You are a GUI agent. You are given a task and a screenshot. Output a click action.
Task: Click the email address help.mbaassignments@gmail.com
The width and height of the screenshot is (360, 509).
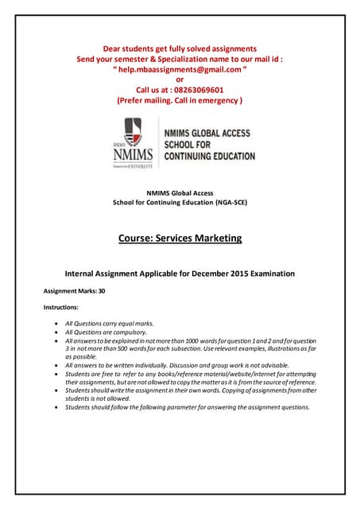(x=180, y=69)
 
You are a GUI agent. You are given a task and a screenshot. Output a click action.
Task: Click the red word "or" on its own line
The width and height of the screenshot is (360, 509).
(x=180, y=80)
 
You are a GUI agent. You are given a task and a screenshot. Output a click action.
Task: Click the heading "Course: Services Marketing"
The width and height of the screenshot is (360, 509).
(x=180, y=238)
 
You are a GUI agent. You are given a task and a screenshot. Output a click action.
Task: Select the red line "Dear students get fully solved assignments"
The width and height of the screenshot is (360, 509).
(x=180, y=48)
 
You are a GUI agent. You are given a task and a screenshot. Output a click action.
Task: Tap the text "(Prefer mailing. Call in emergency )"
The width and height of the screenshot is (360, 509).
(x=180, y=101)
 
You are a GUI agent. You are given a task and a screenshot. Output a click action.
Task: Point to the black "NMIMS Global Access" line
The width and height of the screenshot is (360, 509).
(x=180, y=193)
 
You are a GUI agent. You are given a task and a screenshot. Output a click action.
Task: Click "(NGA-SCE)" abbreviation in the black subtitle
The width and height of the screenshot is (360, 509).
(x=227, y=203)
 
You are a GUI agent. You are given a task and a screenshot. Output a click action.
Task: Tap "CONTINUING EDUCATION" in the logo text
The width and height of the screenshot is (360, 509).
(x=210, y=157)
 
